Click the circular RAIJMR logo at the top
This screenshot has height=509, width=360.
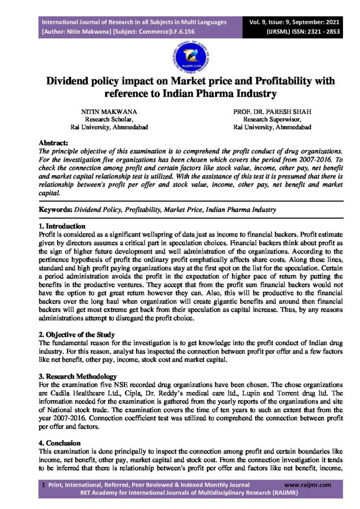pos(180,56)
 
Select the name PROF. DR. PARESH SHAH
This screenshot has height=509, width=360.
pos(272,112)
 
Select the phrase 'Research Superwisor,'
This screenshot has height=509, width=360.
pos(271,119)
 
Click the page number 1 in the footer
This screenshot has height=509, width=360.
pos(44,484)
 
